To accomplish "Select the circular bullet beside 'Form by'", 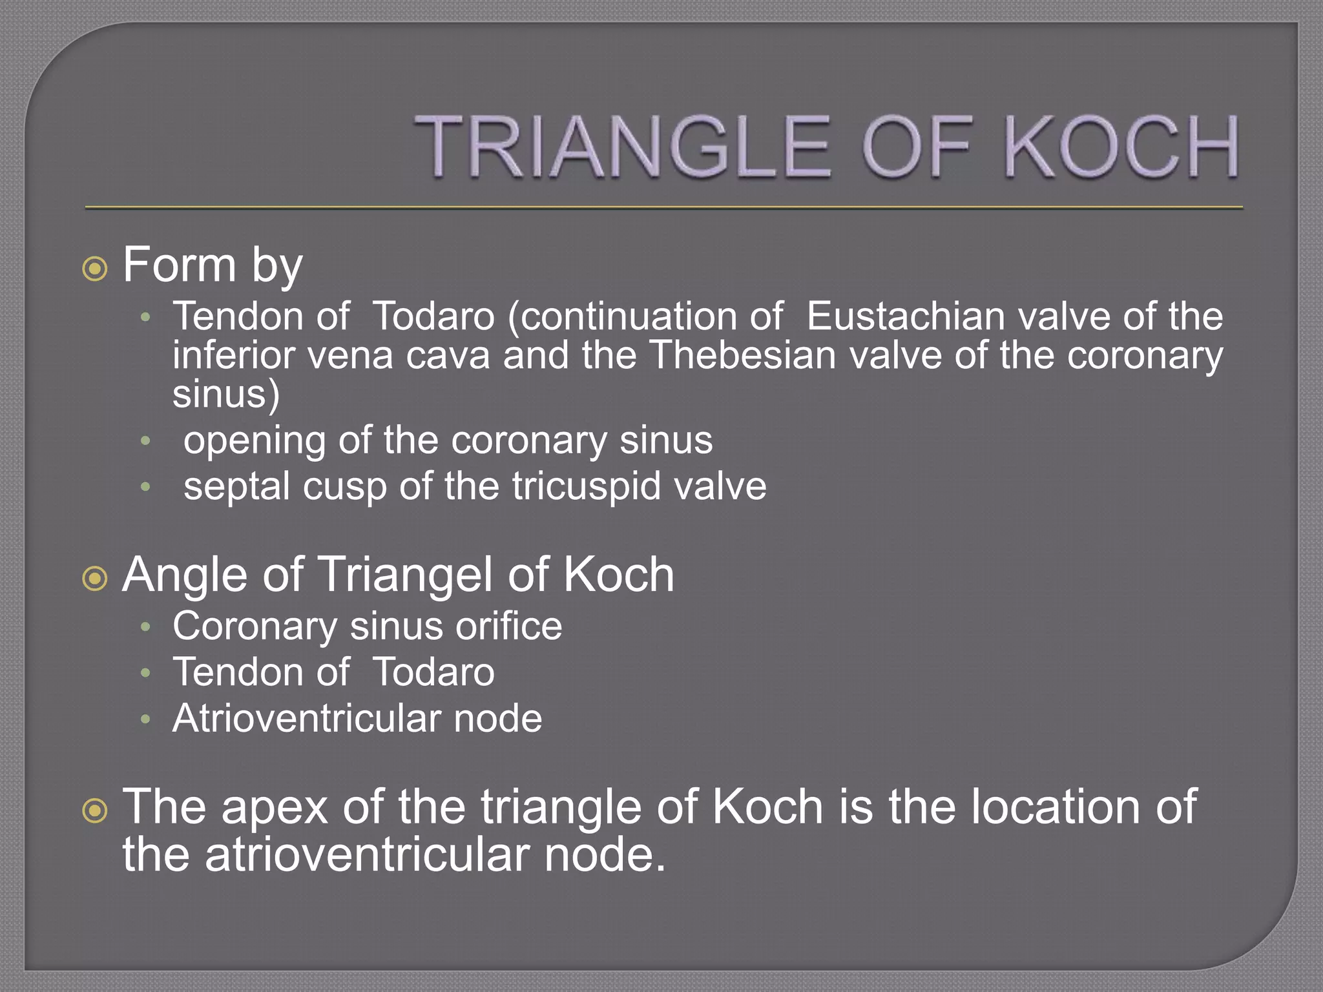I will pyautogui.click(x=95, y=268).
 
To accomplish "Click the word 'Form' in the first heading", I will pyautogui.click(x=180, y=265).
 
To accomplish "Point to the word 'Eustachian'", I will pyautogui.click(x=905, y=316).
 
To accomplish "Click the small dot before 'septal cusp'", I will pyautogui.click(x=145, y=487).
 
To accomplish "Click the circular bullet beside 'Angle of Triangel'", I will pyautogui.click(x=95, y=578).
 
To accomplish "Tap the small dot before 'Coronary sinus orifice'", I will pyautogui.click(x=145, y=627).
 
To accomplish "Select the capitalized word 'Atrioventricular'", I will pyautogui.click(x=307, y=718).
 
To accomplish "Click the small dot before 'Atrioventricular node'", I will pyautogui.click(x=145, y=719).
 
